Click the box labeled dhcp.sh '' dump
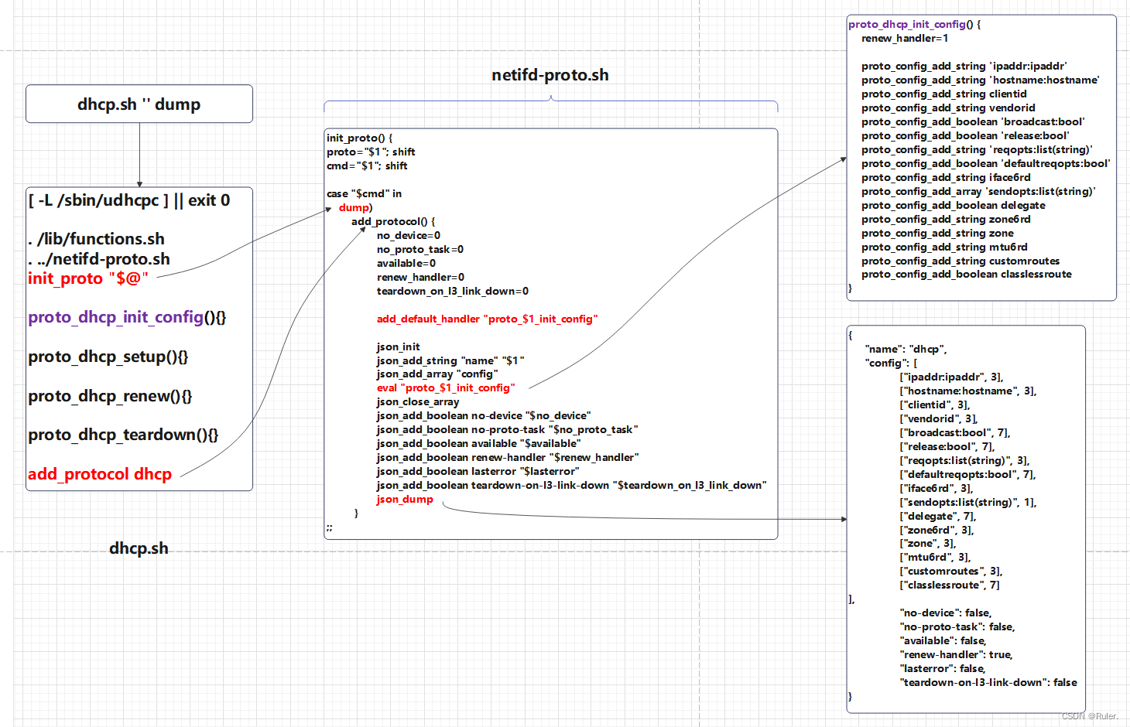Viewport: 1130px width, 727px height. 139,104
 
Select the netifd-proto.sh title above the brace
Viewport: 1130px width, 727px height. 550,75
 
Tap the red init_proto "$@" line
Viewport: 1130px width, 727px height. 87,278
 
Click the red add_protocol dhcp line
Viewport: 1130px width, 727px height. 100,474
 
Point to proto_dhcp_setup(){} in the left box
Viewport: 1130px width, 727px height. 108,357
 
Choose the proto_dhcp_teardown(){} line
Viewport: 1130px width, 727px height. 123,435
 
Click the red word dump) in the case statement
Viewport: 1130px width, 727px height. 355,207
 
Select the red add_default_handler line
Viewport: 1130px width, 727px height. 487,319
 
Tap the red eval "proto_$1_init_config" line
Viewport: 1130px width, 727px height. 445,387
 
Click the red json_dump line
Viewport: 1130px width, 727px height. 405,499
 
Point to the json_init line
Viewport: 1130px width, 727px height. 398,346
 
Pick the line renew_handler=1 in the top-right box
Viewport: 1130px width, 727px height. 904,38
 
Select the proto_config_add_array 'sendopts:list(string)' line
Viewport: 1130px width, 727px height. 978,191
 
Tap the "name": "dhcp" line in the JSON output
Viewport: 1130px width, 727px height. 906,349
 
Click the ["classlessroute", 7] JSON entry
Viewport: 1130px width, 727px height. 950,585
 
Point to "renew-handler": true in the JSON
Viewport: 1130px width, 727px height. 956,654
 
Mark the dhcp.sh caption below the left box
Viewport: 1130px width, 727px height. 139,548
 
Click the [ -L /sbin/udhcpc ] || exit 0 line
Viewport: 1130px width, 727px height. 129,200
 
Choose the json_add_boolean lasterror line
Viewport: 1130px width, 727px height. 478,471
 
